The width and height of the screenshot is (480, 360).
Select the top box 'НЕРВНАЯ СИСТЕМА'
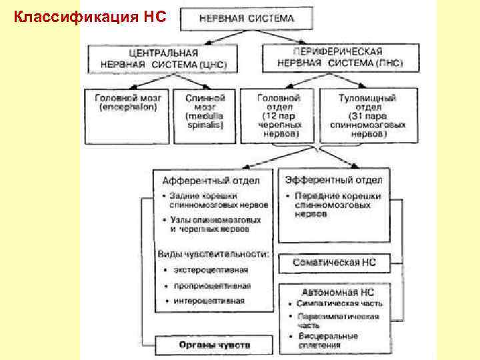point(246,19)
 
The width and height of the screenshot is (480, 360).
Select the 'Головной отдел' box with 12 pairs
point(279,115)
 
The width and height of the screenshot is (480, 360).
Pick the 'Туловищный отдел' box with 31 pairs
point(367,115)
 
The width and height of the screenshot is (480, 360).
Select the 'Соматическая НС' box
point(334,262)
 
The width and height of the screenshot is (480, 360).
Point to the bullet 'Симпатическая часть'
point(339,303)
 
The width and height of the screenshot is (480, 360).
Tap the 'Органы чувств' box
point(214,345)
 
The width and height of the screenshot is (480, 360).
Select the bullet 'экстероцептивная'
point(210,270)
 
